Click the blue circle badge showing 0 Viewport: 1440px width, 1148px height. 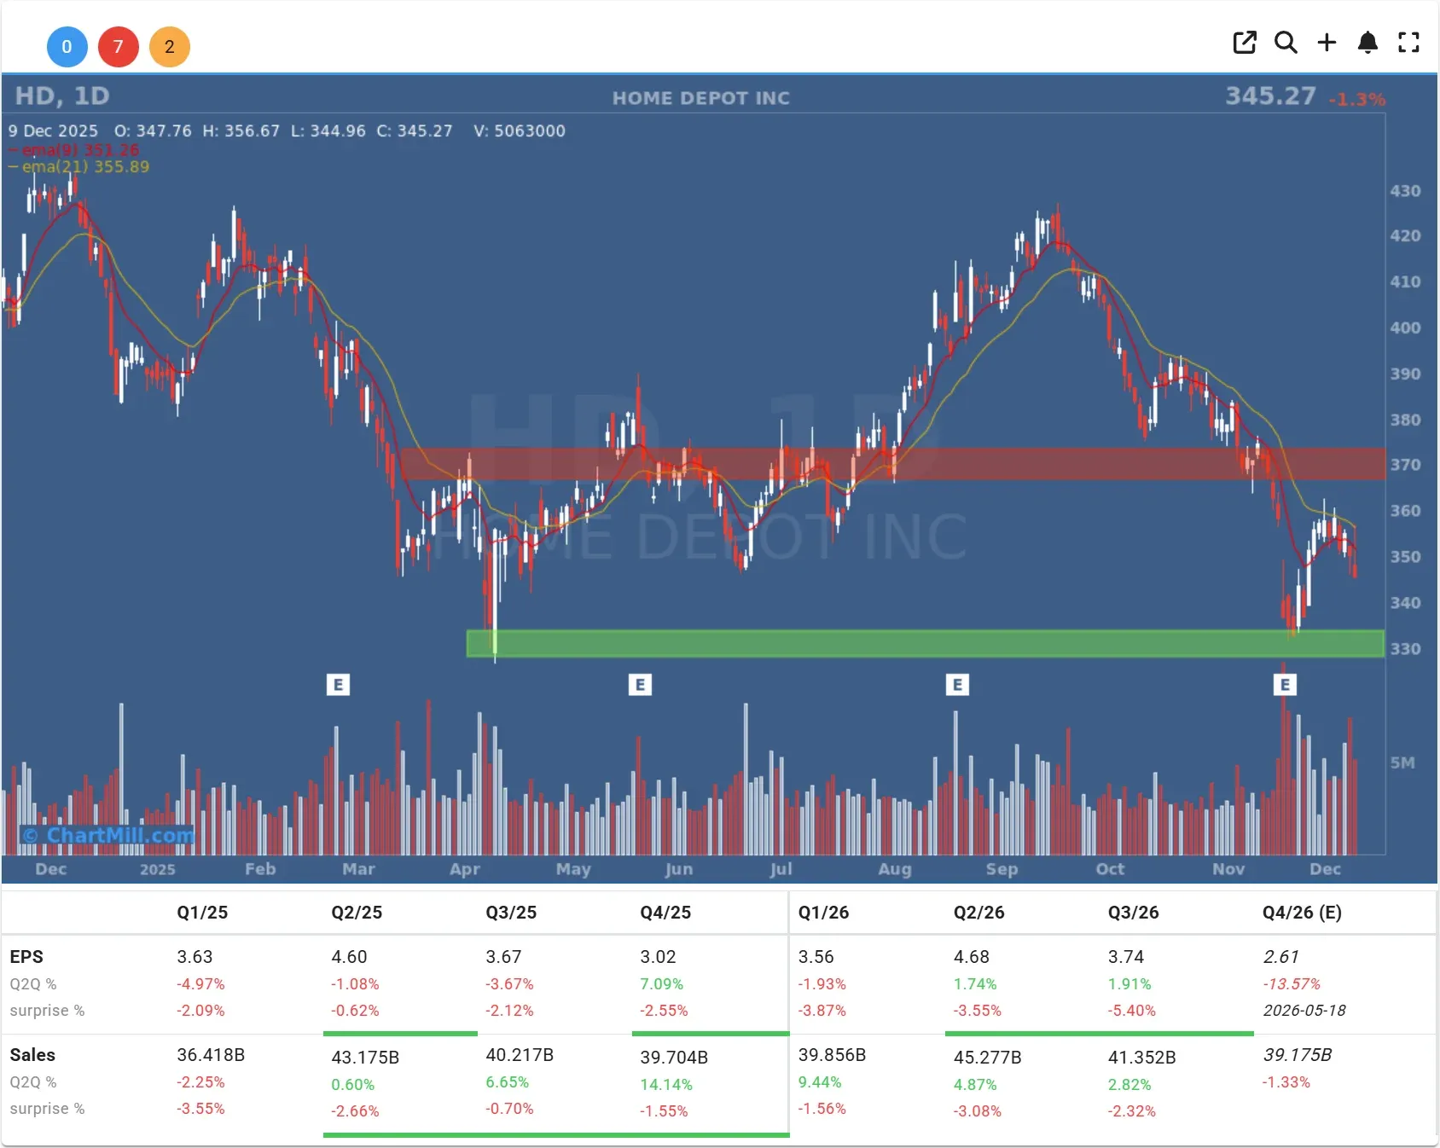(x=67, y=47)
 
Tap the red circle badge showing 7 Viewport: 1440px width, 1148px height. (x=118, y=47)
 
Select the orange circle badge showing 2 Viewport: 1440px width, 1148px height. (x=169, y=47)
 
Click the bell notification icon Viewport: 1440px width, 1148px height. (x=1367, y=43)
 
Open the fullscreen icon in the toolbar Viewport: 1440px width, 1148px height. (x=1408, y=43)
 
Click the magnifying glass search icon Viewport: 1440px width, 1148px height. (x=1286, y=43)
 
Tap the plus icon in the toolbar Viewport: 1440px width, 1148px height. (x=1327, y=43)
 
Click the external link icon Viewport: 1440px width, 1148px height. (x=1245, y=43)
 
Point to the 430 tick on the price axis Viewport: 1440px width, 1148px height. (x=1405, y=191)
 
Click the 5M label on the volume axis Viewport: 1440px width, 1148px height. (x=1402, y=762)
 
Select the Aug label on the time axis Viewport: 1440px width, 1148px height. (x=895, y=869)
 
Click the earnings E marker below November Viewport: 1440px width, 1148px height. (x=1285, y=684)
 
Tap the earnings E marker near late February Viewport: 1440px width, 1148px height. (x=338, y=684)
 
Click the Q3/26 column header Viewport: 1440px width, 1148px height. (x=1133, y=913)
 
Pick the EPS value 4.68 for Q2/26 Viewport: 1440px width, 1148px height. (x=971, y=957)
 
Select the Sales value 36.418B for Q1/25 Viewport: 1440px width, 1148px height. (x=211, y=1055)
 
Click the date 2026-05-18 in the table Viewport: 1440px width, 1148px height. (x=1304, y=1011)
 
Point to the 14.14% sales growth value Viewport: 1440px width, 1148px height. (x=666, y=1085)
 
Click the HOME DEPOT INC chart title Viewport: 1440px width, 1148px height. (x=701, y=98)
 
